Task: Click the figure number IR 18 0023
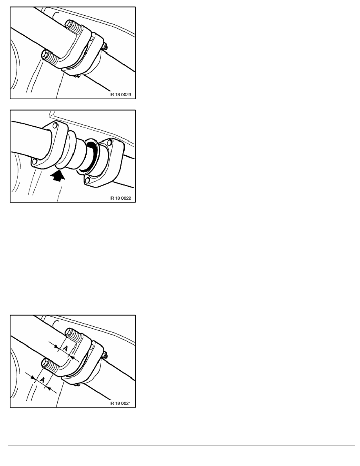pyautogui.click(x=121, y=95)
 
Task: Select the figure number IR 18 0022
pyautogui.click(x=121, y=198)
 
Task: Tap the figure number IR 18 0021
pyautogui.click(x=121, y=403)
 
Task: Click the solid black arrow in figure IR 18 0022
pyautogui.click(x=58, y=176)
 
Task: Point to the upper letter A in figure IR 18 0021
pyautogui.click(x=65, y=348)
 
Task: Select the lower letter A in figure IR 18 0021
pyautogui.click(x=42, y=380)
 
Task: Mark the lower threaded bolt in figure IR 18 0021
pyautogui.click(x=51, y=366)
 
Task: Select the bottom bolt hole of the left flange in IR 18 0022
pyautogui.click(x=35, y=162)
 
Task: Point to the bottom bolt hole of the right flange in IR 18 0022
pyautogui.click(x=87, y=180)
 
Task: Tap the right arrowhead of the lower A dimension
pyautogui.click(x=49, y=388)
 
